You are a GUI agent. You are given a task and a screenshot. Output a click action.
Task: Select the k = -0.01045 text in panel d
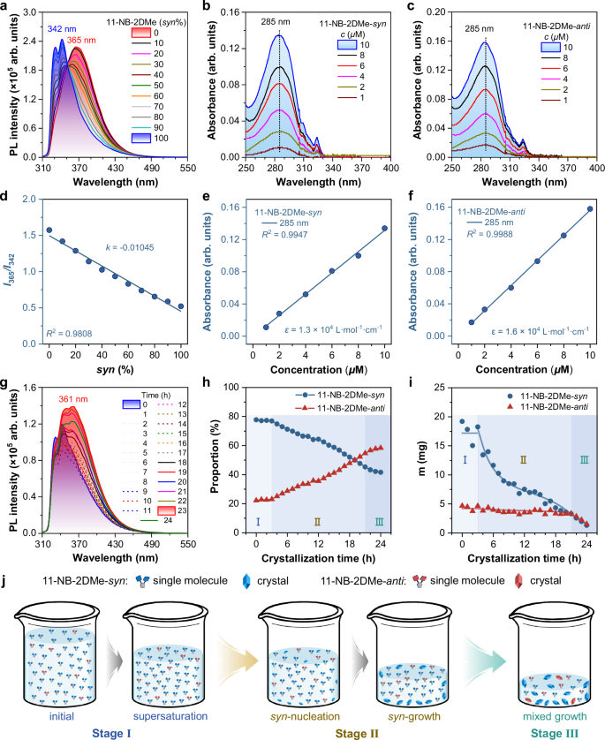click(129, 246)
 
